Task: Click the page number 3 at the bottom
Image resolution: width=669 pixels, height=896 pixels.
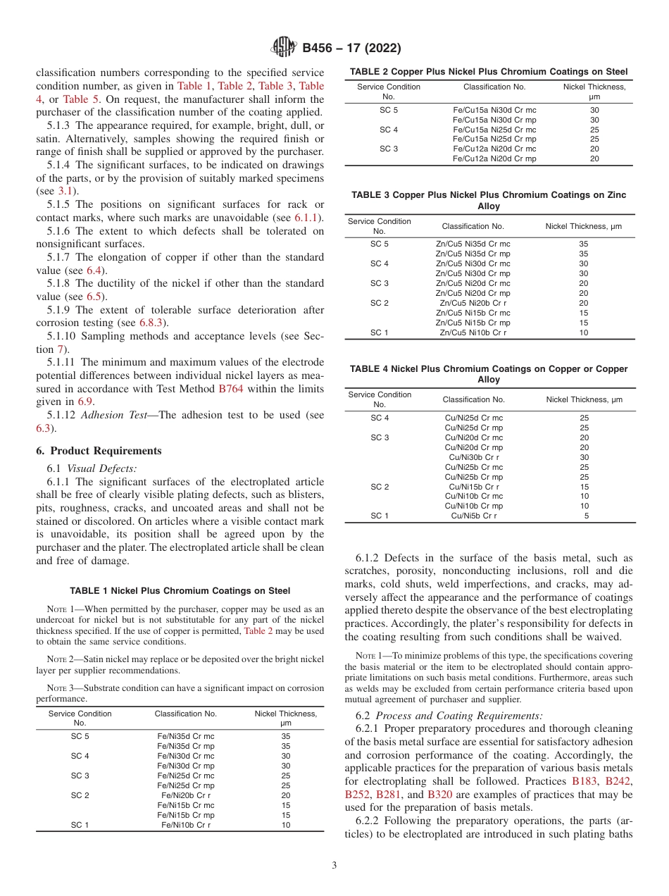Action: (x=334, y=865)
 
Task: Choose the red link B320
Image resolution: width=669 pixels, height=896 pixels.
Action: (x=439, y=795)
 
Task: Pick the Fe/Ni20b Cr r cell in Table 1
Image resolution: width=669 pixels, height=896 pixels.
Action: (x=186, y=795)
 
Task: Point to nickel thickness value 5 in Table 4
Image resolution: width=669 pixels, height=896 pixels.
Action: (x=586, y=516)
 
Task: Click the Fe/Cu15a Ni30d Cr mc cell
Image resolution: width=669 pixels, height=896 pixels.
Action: (x=494, y=110)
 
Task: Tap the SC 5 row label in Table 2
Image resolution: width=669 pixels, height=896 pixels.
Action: (x=389, y=110)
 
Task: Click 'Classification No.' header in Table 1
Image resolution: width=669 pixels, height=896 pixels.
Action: (x=186, y=714)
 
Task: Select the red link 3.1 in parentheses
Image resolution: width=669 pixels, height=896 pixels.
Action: (x=65, y=191)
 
